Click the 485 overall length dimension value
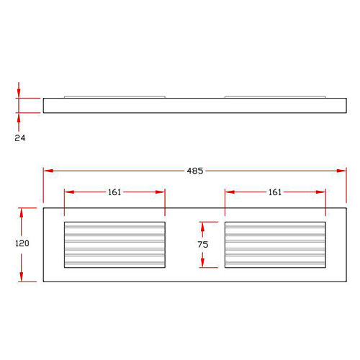point(195,171)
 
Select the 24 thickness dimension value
point(20,138)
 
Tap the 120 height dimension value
point(22,243)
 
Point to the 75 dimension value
point(203,245)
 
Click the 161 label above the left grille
point(114,192)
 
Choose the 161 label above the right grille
point(275,192)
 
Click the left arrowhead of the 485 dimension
point(48,171)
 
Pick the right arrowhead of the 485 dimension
point(341,171)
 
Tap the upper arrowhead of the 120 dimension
point(22,213)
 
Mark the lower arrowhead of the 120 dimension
point(22,276)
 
